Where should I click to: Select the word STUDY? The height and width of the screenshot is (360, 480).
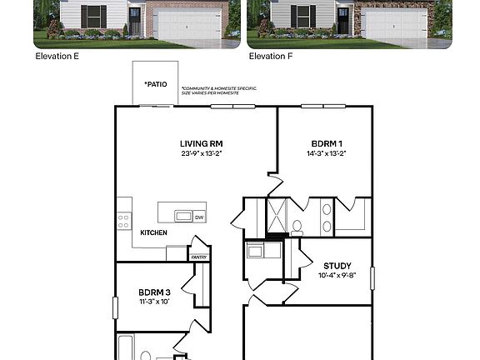tap(337, 267)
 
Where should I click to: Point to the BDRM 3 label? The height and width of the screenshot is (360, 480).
tap(154, 292)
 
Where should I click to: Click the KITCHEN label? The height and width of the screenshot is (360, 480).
tap(153, 232)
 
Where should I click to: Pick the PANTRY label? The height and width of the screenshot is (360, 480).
tap(199, 257)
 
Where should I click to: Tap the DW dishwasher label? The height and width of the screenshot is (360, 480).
tap(199, 217)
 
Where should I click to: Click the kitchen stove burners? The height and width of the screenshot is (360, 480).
tap(123, 220)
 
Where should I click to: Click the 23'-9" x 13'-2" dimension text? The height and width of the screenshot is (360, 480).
tap(202, 153)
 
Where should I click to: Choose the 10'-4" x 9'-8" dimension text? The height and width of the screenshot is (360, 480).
tap(337, 276)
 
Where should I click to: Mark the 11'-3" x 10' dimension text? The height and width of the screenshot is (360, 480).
tap(154, 302)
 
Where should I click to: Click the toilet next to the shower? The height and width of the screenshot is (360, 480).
tap(297, 224)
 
